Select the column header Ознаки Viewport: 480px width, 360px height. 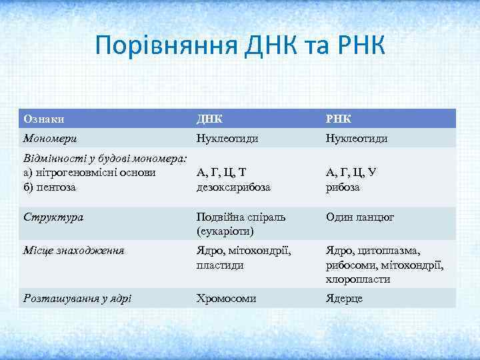click(x=44, y=119)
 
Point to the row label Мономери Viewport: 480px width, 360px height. click(x=50, y=138)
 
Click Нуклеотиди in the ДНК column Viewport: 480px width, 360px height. click(x=227, y=138)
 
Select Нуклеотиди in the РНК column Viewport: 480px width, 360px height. click(x=357, y=138)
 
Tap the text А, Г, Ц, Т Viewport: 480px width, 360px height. click(x=221, y=173)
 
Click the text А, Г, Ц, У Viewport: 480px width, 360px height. click(x=351, y=173)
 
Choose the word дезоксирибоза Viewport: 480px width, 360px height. click(x=233, y=187)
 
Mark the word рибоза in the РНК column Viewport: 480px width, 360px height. click(x=343, y=187)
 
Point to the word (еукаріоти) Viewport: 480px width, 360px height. click(x=225, y=231)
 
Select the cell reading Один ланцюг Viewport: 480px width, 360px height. click(x=360, y=217)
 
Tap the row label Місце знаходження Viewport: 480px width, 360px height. click(x=74, y=251)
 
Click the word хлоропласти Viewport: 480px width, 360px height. click(x=358, y=279)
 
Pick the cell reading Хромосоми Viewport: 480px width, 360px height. click(x=226, y=298)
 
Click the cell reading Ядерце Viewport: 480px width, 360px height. click(x=344, y=298)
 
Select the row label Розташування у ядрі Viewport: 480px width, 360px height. click(x=77, y=298)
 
